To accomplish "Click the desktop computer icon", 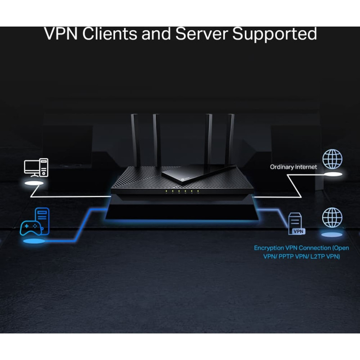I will tap(36, 167).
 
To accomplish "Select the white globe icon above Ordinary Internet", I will tap(333, 159).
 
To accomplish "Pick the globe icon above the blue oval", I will tap(332, 217).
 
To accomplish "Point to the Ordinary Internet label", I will tap(293, 167).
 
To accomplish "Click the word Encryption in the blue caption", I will tap(269, 248).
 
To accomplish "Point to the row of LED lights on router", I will tap(179, 191).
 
